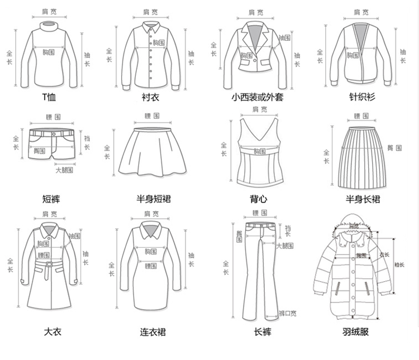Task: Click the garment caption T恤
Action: tap(49, 97)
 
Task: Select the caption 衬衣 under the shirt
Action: tap(151, 97)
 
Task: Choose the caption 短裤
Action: tap(51, 199)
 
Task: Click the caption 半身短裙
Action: tap(153, 199)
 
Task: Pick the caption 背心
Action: tap(258, 199)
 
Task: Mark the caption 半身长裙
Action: tap(363, 199)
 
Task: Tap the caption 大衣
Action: tap(53, 333)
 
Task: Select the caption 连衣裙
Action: tap(153, 333)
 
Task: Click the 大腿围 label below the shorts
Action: tap(64, 170)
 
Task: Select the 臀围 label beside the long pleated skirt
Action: tap(394, 148)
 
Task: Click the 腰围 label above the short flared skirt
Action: tap(152, 116)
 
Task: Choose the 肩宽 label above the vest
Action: tap(258, 109)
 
